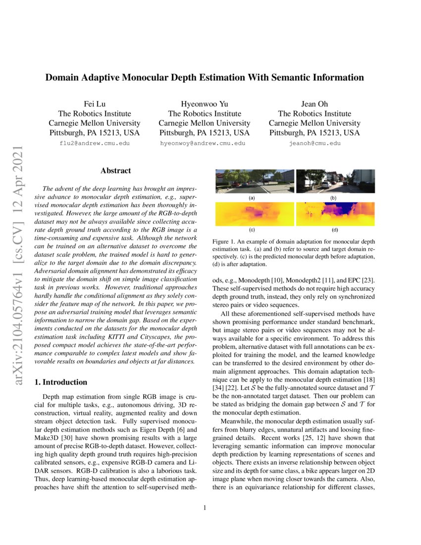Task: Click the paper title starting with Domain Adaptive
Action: [205, 78]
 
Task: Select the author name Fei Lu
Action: [94, 104]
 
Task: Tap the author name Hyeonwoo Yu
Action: [204, 104]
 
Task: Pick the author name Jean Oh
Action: [315, 104]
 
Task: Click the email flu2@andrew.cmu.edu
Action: [94, 143]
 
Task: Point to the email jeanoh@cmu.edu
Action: [315, 143]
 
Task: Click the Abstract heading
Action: [115, 171]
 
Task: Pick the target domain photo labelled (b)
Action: [335, 181]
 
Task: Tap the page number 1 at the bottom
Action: [205, 507]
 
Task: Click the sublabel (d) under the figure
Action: [335, 230]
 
